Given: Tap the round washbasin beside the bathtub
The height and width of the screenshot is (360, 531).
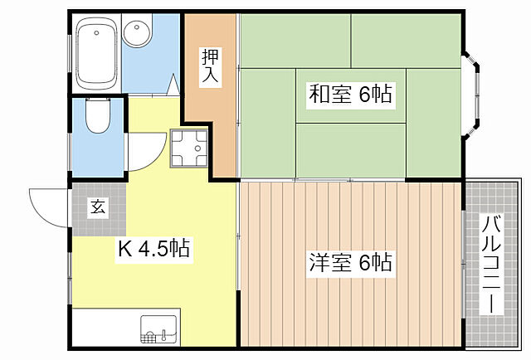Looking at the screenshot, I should click(135, 35).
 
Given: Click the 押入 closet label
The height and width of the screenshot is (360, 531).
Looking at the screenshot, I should click(209, 67).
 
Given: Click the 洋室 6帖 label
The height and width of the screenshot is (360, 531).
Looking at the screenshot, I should click(350, 264).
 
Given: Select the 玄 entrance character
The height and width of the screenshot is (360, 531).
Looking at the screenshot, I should click(98, 207).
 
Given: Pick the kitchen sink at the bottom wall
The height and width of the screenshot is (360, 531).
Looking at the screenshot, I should click(160, 328).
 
